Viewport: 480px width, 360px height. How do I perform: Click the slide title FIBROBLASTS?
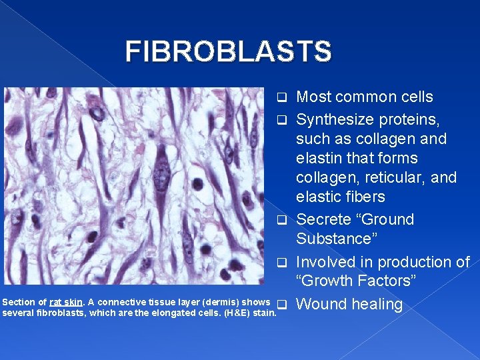(x=228, y=52)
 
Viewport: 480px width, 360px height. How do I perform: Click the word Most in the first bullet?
(x=313, y=97)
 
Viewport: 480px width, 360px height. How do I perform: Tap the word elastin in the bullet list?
(x=319, y=159)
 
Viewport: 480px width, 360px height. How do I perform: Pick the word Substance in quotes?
(x=334, y=239)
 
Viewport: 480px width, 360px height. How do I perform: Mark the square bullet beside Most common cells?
(x=282, y=98)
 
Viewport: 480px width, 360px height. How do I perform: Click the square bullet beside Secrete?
(x=282, y=220)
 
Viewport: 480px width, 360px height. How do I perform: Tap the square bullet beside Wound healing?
(x=282, y=305)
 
